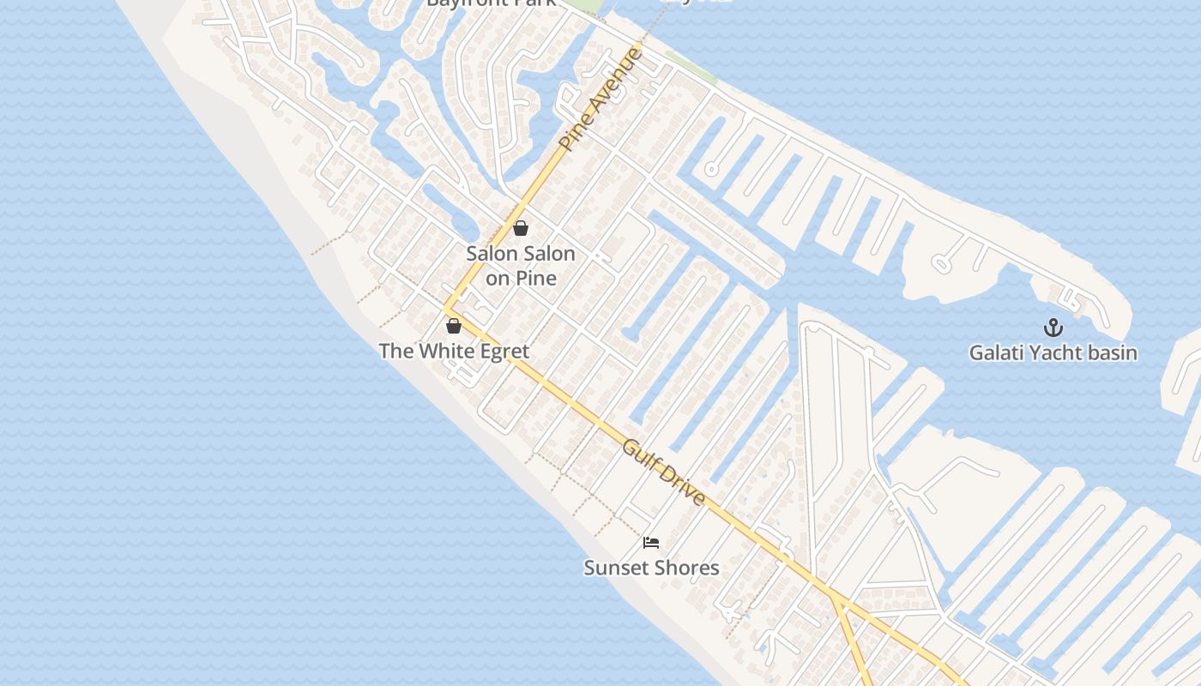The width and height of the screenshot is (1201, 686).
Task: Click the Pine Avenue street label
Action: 600,99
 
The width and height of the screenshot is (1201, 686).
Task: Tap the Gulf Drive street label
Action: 665,472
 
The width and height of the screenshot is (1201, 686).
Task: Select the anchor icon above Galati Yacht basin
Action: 1053,328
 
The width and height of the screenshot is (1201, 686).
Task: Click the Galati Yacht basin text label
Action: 1053,352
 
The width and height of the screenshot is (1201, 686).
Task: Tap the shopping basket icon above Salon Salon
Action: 520,228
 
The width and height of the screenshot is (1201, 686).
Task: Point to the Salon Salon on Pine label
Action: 521,266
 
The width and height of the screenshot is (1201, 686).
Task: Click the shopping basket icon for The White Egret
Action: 454,326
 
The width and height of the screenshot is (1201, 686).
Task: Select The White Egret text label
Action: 454,351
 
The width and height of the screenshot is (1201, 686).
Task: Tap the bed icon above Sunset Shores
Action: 651,542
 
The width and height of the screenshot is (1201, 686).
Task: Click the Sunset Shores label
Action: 651,568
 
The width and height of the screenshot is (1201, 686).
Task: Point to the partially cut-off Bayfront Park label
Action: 492,3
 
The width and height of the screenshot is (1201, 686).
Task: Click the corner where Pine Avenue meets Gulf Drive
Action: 445,309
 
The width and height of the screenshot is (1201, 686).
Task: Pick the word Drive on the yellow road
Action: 684,489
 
